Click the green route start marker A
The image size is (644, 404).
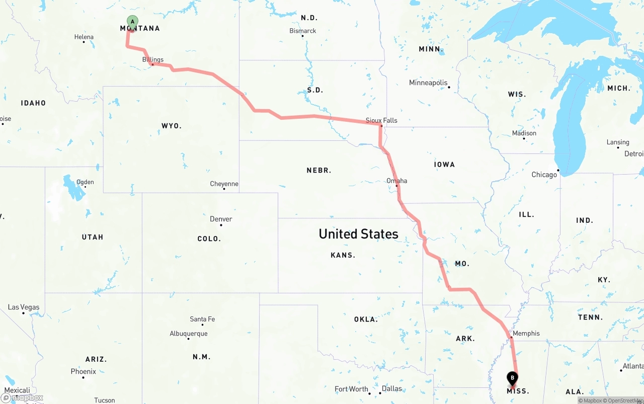coord(132,22)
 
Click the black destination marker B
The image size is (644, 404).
coord(512,378)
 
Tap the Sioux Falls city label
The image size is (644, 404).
coord(381,120)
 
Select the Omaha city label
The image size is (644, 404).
coord(397,181)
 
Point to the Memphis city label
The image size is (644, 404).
coord(526,333)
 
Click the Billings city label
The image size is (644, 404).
coord(153,59)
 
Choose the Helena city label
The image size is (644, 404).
coord(84,37)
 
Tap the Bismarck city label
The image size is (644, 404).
coord(303,31)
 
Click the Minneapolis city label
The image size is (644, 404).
coord(428,83)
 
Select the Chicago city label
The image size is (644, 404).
coord(544,175)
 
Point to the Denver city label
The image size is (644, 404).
coord(221,219)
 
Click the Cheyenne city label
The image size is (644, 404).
coord(224,184)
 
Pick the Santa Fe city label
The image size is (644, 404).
coord(202,319)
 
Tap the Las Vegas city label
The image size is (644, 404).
coord(24,307)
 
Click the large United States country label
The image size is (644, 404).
coord(359,233)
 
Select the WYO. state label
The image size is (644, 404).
coord(172,126)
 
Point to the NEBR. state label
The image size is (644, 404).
coord(319,171)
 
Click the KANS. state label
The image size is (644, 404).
coord(343,255)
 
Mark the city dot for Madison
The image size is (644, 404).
coord(524,139)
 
